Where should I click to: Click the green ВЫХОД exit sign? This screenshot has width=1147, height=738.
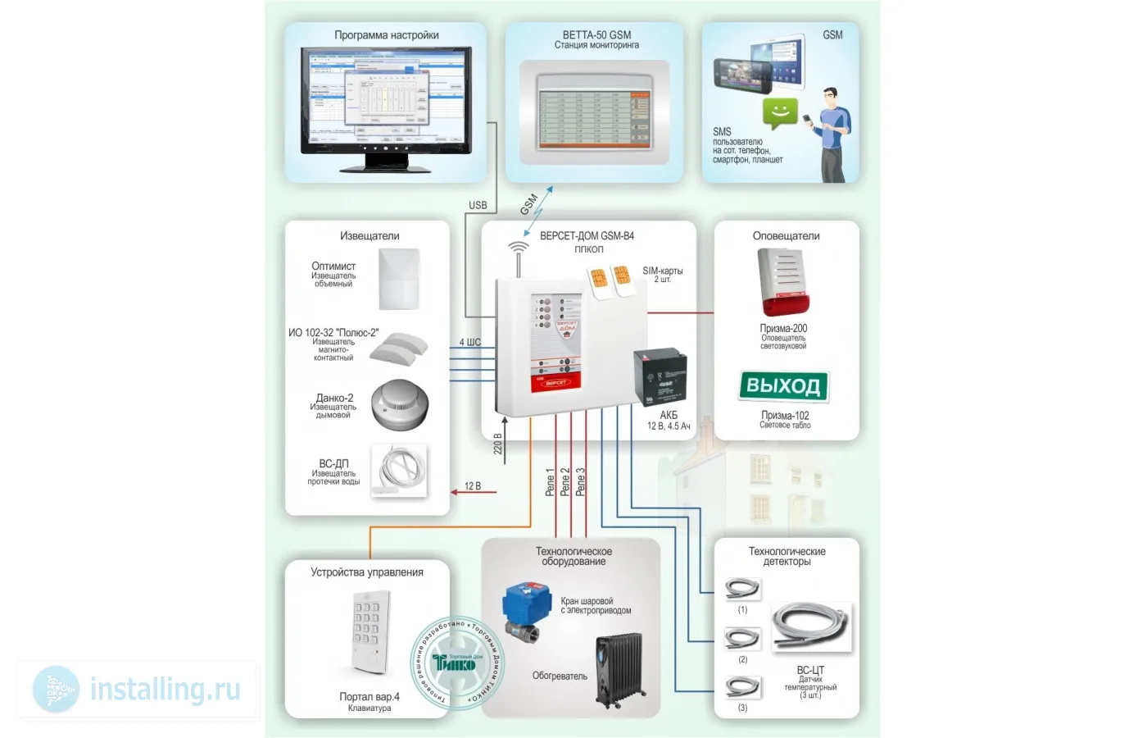coord(783,386)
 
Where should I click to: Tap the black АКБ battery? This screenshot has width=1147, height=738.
coord(660,376)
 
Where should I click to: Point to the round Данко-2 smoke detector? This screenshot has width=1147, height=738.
coord(399,404)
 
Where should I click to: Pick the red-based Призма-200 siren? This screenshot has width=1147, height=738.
coord(785,283)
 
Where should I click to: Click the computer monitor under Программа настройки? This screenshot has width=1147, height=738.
coord(386,102)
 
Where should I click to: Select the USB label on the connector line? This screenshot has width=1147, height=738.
coord(478,205)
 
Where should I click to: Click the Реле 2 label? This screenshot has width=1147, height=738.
coord(564,482)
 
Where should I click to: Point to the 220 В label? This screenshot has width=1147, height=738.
coord(497,444)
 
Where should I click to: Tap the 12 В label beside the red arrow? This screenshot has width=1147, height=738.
coord(473,486)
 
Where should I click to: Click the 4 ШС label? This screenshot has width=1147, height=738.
coord(470,342)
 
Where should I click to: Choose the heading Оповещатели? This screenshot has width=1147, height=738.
coord(786,236)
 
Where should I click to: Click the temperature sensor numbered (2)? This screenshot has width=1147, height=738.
coord(742,638)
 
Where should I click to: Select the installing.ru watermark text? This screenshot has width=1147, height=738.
coord(165,689)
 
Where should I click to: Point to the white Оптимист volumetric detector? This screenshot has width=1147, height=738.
coord(399,279)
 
